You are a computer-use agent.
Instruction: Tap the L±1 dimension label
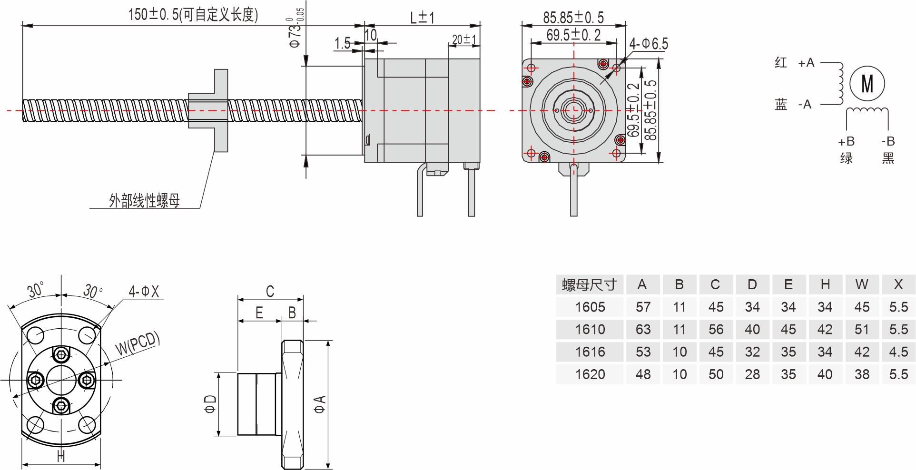click(x=422, y=18)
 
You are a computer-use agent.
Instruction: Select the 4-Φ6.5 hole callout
click(x=649, y=44)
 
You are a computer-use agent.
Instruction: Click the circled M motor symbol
click(x=867, y=84)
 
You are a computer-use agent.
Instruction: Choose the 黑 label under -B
click(x=888, y=158)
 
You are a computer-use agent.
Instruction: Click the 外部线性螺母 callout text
click(x=144, y=200)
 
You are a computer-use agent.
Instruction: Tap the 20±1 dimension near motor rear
click(x=464, y=39)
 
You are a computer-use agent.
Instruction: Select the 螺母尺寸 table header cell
click(x=589, y=284)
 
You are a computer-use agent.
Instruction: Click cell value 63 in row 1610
click(x=643, y=329)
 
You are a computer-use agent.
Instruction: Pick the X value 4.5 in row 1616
click(x=898, y=352)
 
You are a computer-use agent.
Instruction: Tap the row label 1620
click(x=590, y=374)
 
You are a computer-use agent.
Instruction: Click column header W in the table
click(x=861, y=284)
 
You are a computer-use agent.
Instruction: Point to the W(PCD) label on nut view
click(x=138, y=343)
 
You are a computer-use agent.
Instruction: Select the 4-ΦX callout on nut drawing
click(x=144, y=291)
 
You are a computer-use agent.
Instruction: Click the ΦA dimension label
click(x=320, y=404)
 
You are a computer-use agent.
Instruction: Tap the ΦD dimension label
click(x=210, y=404)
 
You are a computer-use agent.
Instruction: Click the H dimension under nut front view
click(x=61, y=456)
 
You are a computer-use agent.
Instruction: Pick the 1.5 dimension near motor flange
click(x=342, y=43)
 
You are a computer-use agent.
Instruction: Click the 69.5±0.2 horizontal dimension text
click(x=573, y=35)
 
